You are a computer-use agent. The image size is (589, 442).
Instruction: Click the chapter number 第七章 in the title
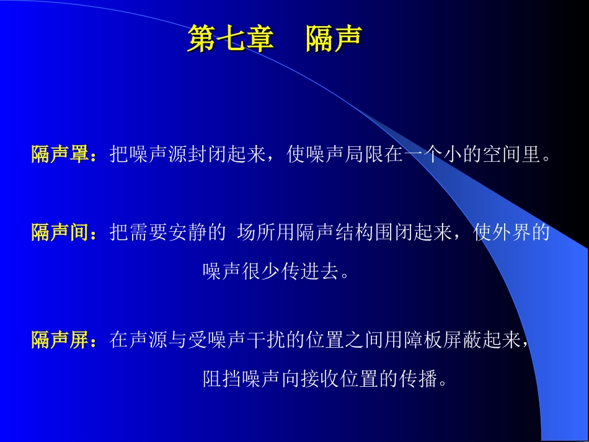pyautogui.click(x=231, y=38)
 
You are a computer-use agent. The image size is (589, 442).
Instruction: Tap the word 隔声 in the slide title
pyautogui.click(x=334, y=38)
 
